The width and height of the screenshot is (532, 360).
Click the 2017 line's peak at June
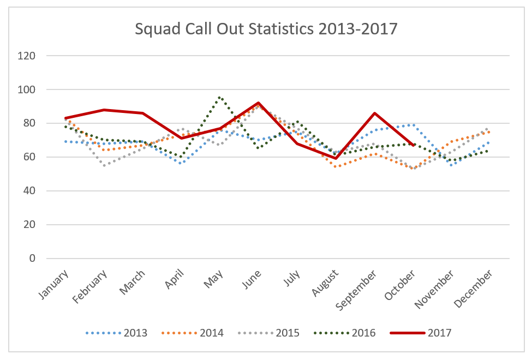(x=258, y=103)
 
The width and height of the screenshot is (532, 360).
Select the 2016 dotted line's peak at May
(x=219, y=98)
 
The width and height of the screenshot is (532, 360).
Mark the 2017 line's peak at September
(x=374, y=113)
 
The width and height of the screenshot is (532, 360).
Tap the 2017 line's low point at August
(x=336, y=158)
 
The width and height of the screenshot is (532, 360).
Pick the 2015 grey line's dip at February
(x=104, y=165)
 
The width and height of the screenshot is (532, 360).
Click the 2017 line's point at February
(x=104, y=110)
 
